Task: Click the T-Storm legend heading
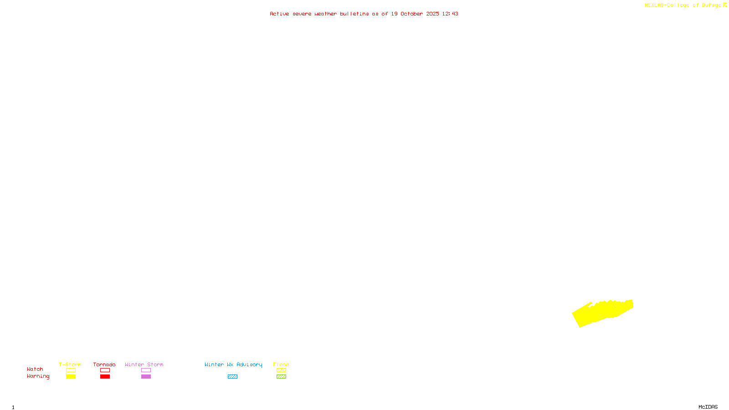70,364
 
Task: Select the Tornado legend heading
104,364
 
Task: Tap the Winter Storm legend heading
144,364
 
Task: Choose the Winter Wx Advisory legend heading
233,364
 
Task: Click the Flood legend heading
281,364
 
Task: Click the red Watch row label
35,369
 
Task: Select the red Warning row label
38,376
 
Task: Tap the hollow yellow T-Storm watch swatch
71,370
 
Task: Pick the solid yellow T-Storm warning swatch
71,377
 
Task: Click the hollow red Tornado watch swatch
105,370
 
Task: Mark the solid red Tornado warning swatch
105,377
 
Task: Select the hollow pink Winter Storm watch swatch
146,370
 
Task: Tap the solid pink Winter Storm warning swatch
146,377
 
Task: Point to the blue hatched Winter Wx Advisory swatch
232,377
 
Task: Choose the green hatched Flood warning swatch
281,377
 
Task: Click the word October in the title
411,14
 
